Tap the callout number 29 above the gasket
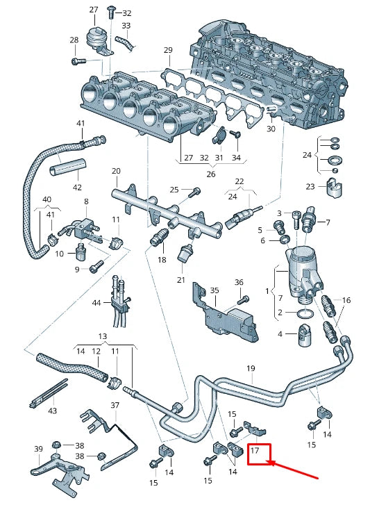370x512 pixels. click(167, 50)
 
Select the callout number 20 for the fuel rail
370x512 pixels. click(116, 171)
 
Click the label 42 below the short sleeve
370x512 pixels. click(77, 187)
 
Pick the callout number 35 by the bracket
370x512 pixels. click(215, 290)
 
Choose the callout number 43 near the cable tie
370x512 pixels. click(53, 411)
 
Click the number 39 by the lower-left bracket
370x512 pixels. click(38, 449)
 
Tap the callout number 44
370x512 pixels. click(96, 303)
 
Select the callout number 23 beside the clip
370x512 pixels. click(310, 186)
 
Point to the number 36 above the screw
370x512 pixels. click(239, 282)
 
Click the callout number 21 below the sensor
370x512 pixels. click(180, 280)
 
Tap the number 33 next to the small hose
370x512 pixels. click(126, 26)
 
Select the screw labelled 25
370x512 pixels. click(196, 190)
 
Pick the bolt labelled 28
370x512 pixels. click(78, 61)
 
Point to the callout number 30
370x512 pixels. click(271, 129)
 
